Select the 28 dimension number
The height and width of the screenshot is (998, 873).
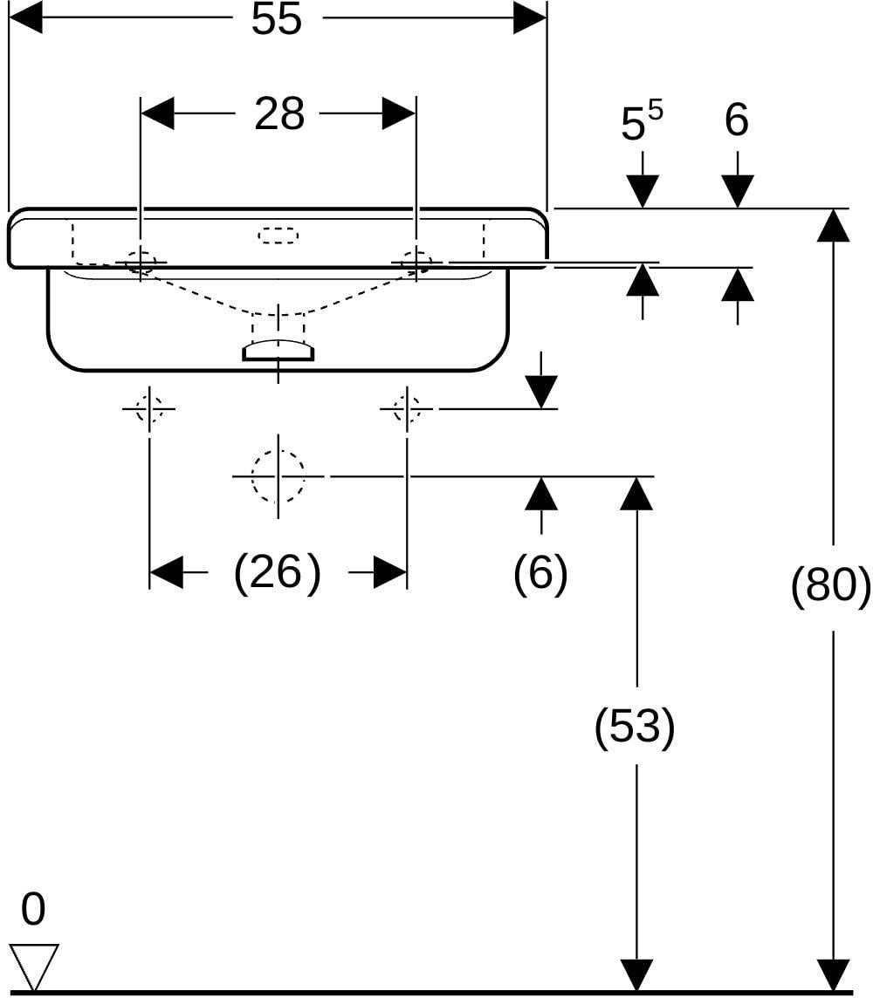(x=278, y=114)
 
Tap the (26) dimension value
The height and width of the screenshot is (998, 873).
(x=278, y=572)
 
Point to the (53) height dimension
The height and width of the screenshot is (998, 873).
(x=635, y=726)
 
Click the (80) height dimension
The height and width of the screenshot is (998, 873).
(x=830, y=584)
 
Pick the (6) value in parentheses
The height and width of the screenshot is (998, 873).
(x=540, y=572)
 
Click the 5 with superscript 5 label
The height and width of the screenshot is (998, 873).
(x=642, y=121)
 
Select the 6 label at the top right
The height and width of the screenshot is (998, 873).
(x=737, y=120)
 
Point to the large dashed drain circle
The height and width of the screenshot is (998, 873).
(x=278, y=476)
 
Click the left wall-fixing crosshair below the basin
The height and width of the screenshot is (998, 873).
(x=149, y=408)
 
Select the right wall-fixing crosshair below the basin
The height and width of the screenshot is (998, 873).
(x=406, y=408)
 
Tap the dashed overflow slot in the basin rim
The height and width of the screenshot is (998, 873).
(x=278, y=236)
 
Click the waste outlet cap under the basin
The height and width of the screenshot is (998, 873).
(x=278, y=351)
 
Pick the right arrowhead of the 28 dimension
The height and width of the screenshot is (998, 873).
(x=399, y=114)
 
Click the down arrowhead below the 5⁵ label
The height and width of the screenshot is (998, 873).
(x=643, y=192)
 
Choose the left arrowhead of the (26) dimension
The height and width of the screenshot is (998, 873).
(x=166, y=572)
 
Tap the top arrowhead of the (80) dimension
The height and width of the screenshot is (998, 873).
(x=833, y=225)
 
